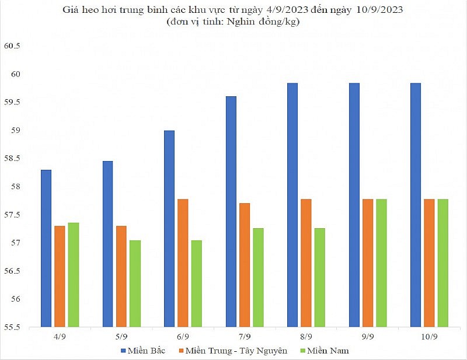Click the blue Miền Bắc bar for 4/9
coord(46,248)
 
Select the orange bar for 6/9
coord(183,263)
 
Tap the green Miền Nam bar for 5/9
coord(135,283)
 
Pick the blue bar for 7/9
coord(231,211)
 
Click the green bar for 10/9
coord(443,263)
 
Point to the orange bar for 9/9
coord(368,263)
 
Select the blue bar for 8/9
coord(292,204)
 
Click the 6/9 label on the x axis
coord(183,337)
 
